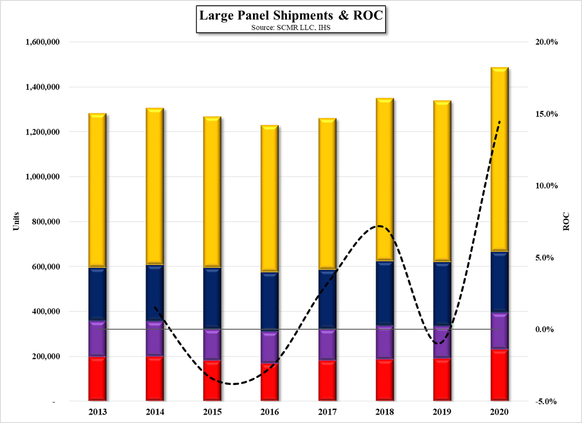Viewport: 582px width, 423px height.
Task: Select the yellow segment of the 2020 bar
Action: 499,159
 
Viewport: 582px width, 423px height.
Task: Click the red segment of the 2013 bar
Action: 97,379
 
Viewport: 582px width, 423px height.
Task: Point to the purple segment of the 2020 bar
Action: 499,331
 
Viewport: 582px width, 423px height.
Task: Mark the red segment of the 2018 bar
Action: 384,380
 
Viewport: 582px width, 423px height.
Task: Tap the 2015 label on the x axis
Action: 212,411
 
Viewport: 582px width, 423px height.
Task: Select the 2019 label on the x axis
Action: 442,411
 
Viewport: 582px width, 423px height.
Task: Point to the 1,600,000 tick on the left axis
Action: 42,42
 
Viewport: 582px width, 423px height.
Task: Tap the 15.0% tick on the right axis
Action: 547,114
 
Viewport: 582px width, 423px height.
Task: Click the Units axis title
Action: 15,222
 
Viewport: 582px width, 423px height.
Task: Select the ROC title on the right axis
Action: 566,222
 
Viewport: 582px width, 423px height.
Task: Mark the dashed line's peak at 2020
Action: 499,121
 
